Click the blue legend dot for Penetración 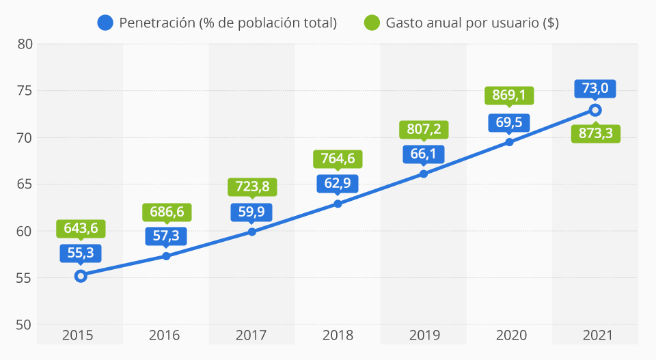click(105, 23)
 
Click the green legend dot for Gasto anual click(372, 23)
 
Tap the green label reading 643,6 click(81, 228)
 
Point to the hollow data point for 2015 click(81, 276)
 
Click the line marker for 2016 click(166, 256)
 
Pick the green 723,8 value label click(252, 186)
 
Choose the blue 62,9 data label click(338, 182)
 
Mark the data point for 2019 click(424, 174)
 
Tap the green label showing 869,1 click(509, 95)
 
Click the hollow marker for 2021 click(595, 110)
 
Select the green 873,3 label click(595, 133)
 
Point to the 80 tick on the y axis click(25, 44)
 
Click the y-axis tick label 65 click(25, 184)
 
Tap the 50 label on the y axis click(25, 324)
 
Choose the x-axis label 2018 click(338, 335)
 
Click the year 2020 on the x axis click(509, 335)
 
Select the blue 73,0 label click(595, 88)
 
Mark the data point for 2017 click(252, 232)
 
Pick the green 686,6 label click(166, 212)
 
